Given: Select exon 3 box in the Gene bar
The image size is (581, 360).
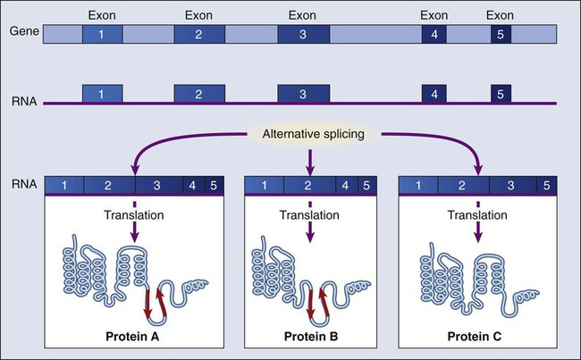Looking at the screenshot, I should point(303,36).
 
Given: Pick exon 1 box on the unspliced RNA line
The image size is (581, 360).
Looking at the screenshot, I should point(102,93).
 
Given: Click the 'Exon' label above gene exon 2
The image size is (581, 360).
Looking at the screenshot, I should point(199,14).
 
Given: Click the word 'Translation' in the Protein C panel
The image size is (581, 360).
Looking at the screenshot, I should point(483,215).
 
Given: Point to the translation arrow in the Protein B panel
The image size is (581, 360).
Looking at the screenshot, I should point(308,230).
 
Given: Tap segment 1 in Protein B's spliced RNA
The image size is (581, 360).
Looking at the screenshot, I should point(264,186).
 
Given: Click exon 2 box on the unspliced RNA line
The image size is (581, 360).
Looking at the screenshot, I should point(199,93).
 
